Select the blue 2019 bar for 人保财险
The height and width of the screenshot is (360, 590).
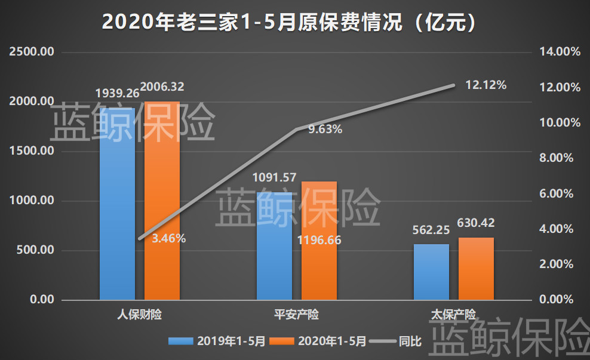point(117,203)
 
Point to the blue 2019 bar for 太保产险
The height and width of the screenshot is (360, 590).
point(431,272)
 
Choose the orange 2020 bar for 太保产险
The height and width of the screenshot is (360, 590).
point(476,269)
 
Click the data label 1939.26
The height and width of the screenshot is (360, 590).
point(118,94)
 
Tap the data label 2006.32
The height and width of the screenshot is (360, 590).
point(162,87)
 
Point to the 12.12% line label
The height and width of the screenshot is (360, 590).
point(485,85)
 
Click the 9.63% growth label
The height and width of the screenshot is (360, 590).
point(325,129)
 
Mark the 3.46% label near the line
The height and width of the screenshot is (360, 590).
point(168,239)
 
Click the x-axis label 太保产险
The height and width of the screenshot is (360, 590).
point(454,314)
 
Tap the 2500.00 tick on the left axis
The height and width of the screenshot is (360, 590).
point(32,52)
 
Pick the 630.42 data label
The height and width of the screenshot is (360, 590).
point(476,223)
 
